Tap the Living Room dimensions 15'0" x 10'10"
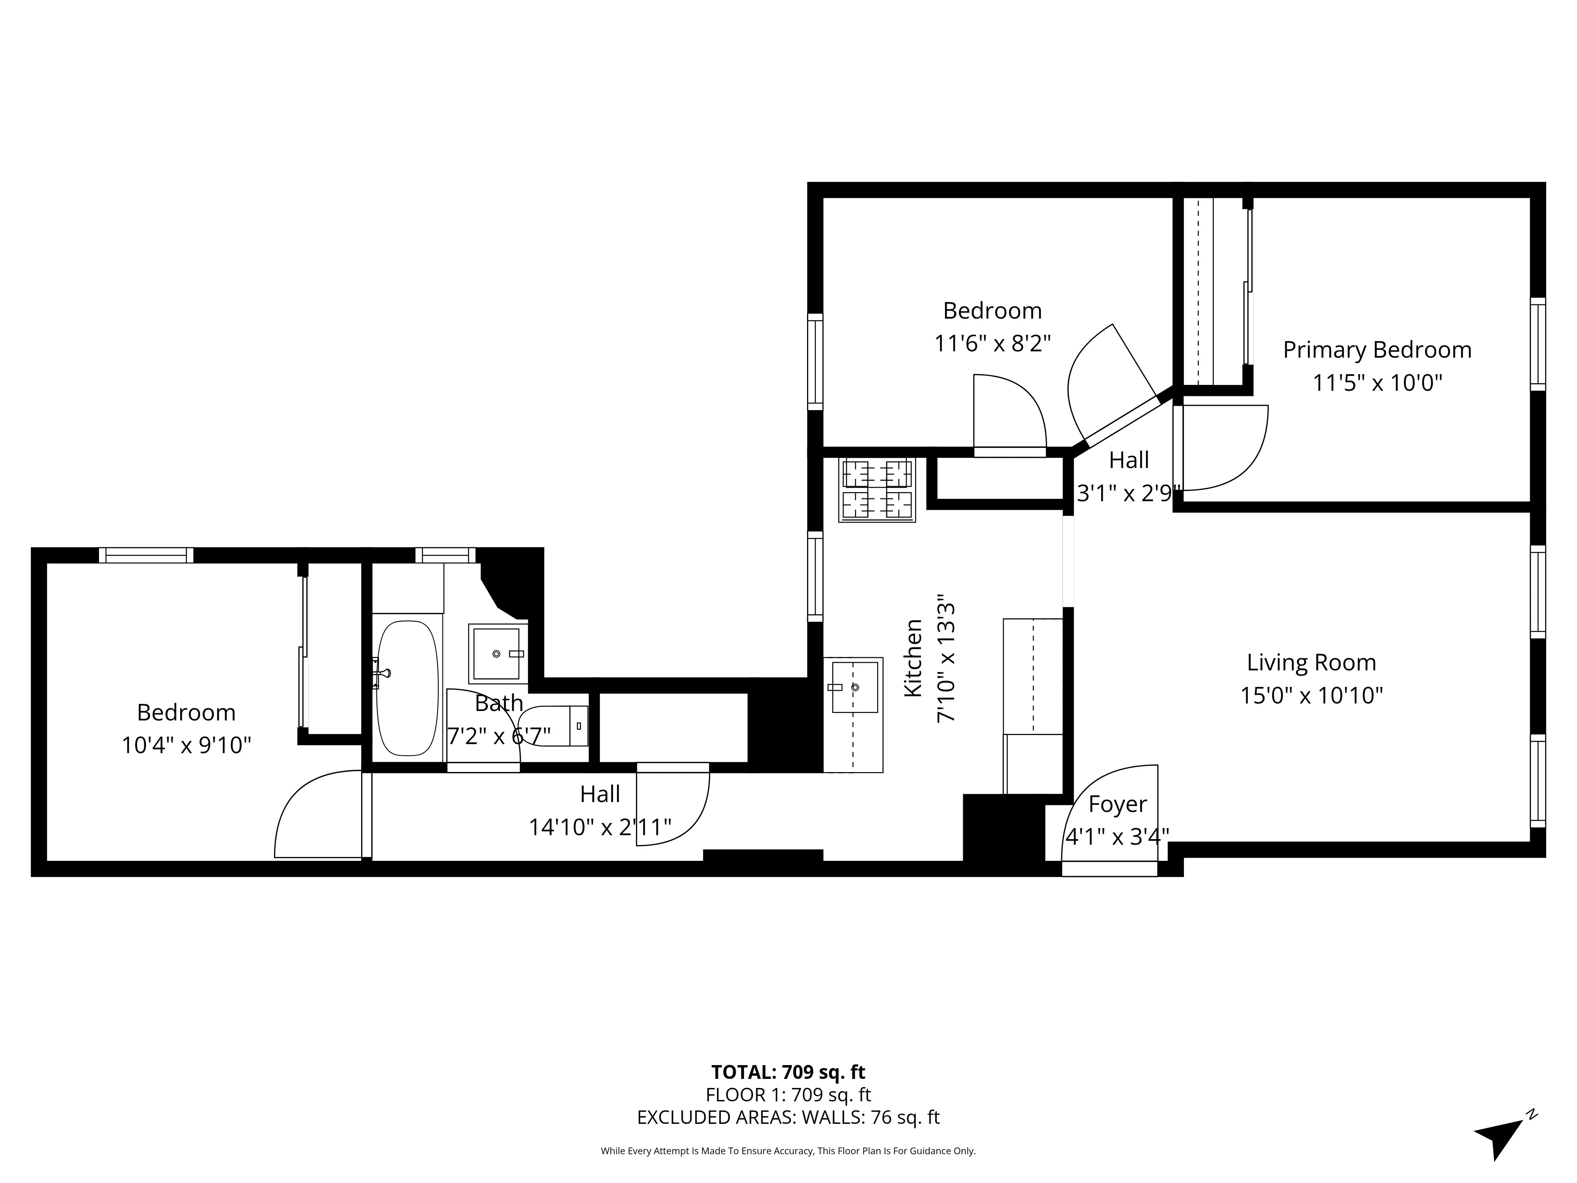click(x=1311, y=695)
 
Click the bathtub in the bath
click(x=406, y=688)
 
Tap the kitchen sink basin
click(x=855, y=687)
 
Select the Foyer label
click(x=1117, y=804)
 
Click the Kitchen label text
click(x=913, y=657)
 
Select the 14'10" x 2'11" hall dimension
click(x=600, y=827)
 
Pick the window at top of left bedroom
click(x=146, y=555)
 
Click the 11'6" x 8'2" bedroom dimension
click(x=992, y=344)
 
